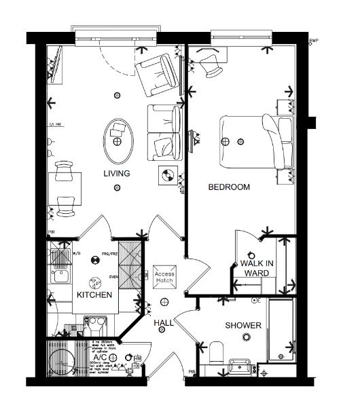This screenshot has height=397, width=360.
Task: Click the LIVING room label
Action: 116,174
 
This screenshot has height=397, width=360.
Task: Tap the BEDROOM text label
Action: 228,187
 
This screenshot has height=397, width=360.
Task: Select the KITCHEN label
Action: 94,295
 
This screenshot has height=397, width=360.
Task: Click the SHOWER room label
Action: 243,326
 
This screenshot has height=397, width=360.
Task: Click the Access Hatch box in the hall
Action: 165,274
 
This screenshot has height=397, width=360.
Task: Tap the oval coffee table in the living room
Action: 118,136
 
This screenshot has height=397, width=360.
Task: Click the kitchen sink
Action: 58,275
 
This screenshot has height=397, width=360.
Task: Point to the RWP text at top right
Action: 313,41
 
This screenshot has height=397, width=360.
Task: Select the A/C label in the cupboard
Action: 99,358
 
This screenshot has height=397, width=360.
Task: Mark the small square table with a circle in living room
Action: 166,175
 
